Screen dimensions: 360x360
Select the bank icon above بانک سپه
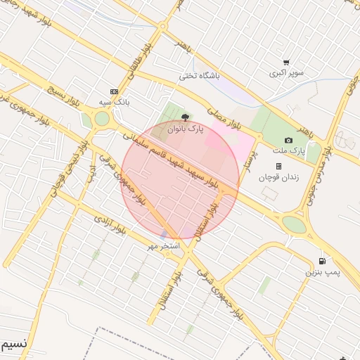[114, 91]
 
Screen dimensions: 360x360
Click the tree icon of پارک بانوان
[184, 118]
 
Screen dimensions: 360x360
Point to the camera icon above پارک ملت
[288, 141]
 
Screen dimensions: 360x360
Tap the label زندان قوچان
[278, 177]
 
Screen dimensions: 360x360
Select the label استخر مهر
[164, 246]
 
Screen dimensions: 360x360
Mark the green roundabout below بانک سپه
[103, 119]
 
